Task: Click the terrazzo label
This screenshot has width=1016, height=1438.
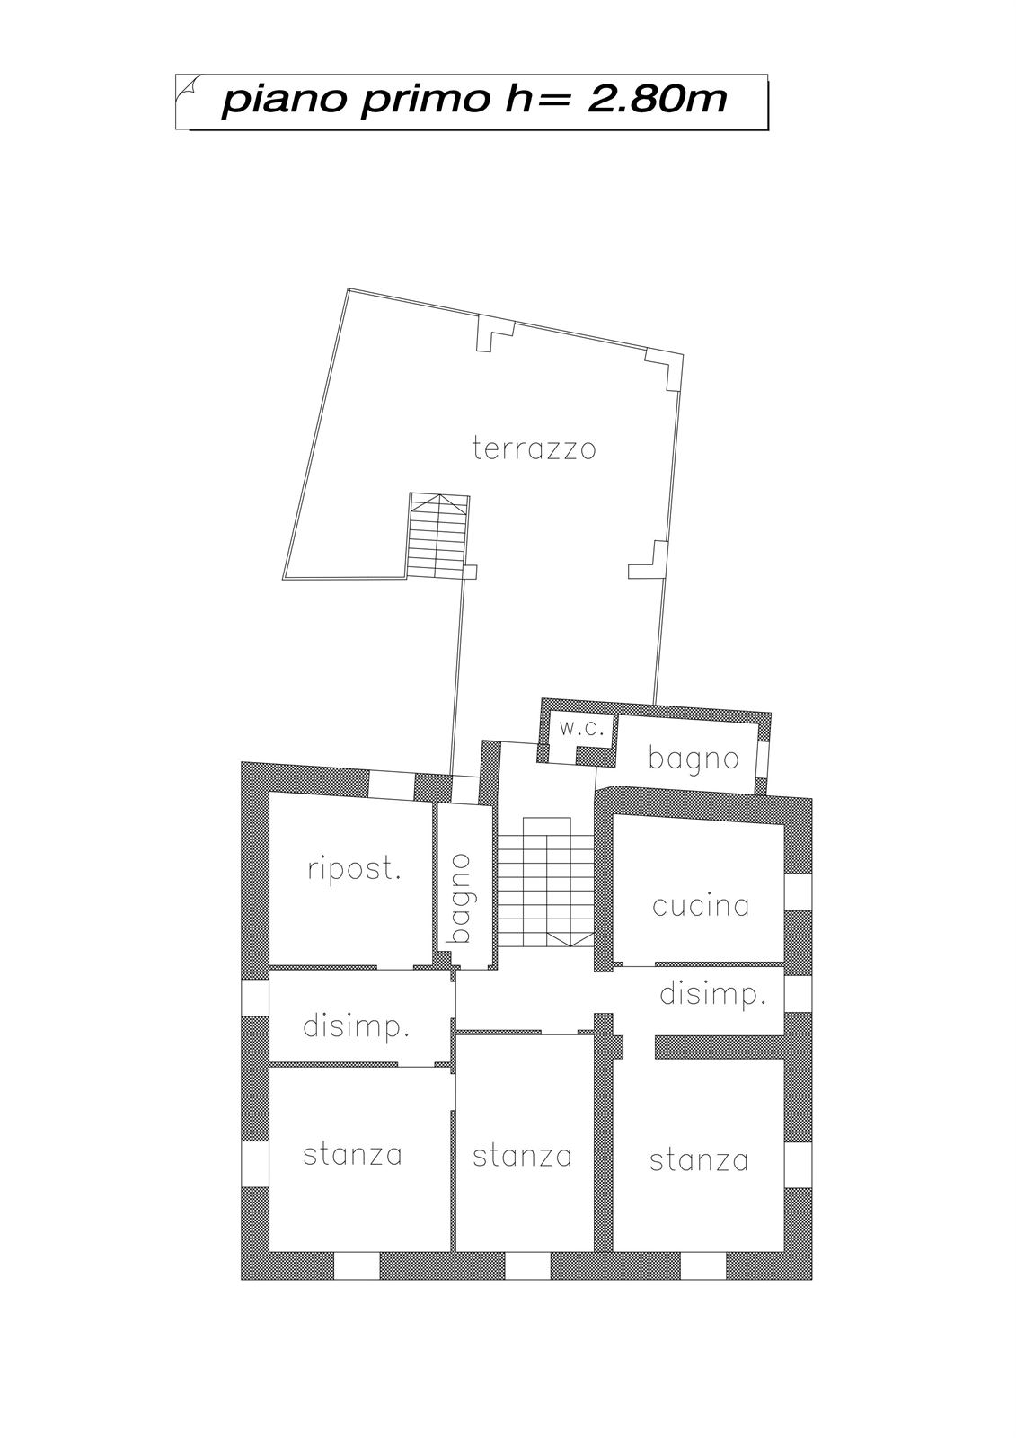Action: click(x=534, y=448)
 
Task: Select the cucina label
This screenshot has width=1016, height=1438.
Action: click(x=701, y=906)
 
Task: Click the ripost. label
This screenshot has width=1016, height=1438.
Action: click(x=354, y=870)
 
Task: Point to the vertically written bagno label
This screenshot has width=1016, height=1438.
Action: click(x=461, y=899)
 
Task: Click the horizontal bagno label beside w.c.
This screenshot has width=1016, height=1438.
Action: click(x=694, y=759)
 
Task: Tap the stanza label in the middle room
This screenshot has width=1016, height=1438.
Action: click(x=522, y=1156)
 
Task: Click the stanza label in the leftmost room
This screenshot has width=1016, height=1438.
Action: click(x=352, y=1154)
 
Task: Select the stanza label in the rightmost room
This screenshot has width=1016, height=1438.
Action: click(x=699, y=1160)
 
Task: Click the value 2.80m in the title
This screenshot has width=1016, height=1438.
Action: click(x=658, y=100)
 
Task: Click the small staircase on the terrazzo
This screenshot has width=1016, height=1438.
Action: click(x=438, y=536)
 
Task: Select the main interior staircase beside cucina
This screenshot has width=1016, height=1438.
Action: click(x=545, y=882)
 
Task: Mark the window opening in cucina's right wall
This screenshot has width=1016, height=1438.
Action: click(x=798, y=892)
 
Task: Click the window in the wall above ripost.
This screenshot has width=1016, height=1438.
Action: click(x=393, y=786)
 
